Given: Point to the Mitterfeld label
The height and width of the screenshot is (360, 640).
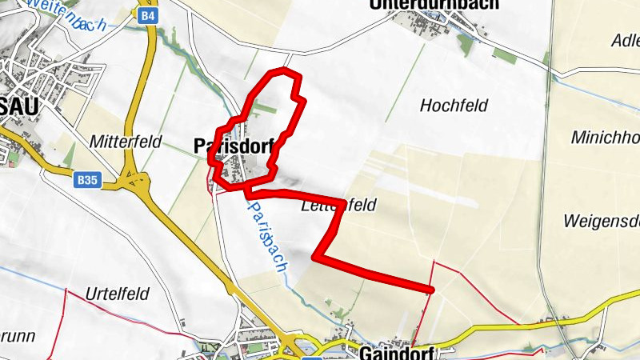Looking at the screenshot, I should (126, 142).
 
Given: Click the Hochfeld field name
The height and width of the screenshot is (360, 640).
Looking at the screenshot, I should (454, 105).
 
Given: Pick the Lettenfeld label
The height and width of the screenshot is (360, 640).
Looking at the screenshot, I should (338, 206).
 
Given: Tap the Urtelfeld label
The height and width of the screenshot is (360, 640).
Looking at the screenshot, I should (119, 294).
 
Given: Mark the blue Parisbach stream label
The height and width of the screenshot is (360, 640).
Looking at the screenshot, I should (266, 237).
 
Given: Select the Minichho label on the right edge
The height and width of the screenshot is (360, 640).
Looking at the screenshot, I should (605, 137).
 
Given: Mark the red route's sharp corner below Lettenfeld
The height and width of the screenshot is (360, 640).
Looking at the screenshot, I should (316, 257).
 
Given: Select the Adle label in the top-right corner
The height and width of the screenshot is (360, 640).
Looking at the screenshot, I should (624, 41).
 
